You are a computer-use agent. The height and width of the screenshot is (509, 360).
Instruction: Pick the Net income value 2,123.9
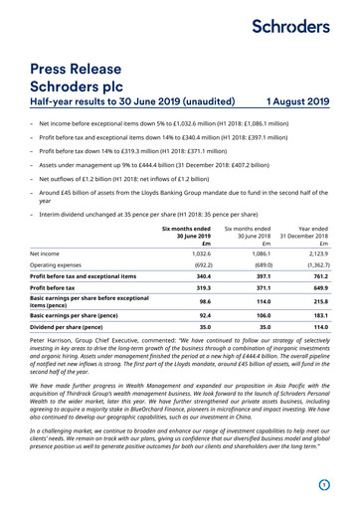(x=316, y=254)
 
